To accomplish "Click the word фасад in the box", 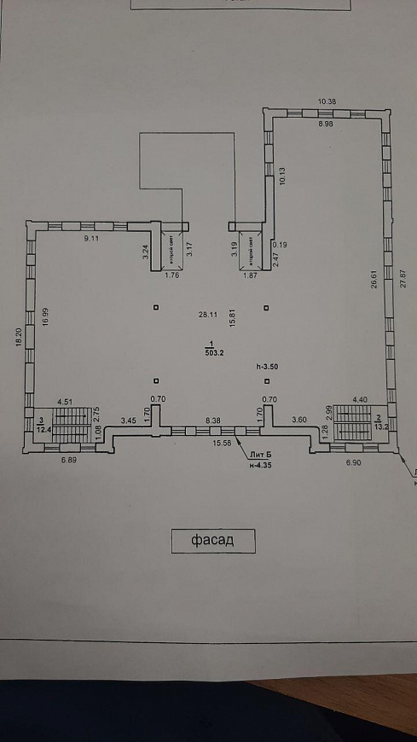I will point(213,540).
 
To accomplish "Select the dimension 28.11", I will point(207,315).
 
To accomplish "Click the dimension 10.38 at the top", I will point(327,101).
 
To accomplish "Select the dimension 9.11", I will point(91,240).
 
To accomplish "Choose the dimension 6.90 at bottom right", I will point(354,461).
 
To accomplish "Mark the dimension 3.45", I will point(128,420).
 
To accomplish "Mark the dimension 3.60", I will point(299,420).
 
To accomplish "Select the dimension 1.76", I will point(171,275).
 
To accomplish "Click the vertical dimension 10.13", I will point(282,175).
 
